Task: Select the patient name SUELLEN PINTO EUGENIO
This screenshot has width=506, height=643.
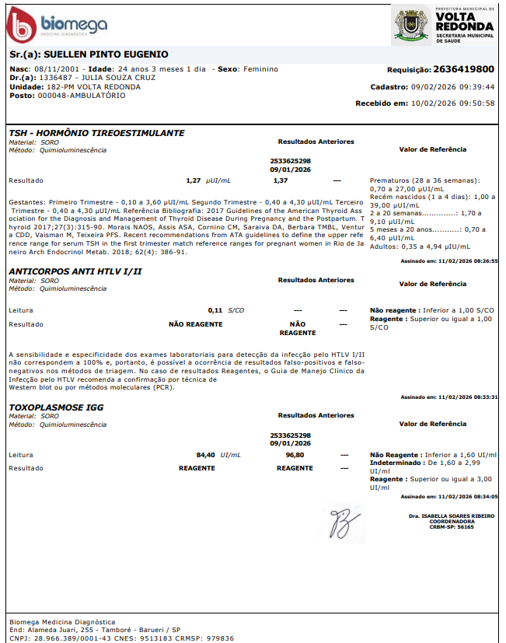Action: point(105,55)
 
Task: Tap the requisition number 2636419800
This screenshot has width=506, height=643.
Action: point(463,69)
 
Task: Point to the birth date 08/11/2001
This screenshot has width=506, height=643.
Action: point(55,69)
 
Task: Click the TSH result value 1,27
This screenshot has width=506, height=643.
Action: point(194,180)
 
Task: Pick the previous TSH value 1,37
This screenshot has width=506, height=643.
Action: point(281,180)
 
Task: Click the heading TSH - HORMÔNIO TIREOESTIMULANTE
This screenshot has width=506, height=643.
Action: point(96,133)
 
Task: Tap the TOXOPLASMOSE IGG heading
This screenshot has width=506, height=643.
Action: point(56,407)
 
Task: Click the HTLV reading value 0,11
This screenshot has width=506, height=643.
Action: point(215,309)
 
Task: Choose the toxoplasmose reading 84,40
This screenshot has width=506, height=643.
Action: point(205,454)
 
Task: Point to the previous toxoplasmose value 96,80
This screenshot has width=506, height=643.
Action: point(295,454)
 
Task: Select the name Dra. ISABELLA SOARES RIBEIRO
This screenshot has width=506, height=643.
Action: point(452,515)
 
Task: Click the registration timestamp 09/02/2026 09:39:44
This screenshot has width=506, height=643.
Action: point(454,87)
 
